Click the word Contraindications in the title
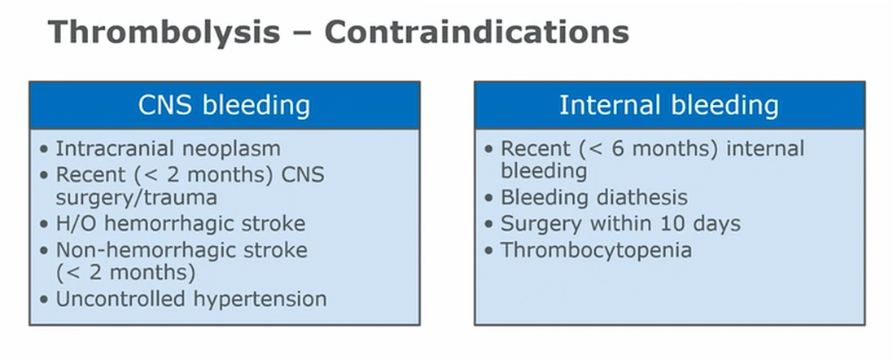(x=477, y=31)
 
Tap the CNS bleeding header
(x=225, y=105)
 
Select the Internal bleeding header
(x=669, y=105)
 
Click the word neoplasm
(x=232, y=150)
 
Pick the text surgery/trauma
(x=136, y=198)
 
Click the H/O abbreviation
(x=77, y=223)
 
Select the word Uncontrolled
(x=120, y=298)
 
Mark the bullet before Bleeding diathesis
(x=488, y=198)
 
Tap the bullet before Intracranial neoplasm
(x=44, y=150)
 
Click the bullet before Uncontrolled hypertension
(x=44, y=300)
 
